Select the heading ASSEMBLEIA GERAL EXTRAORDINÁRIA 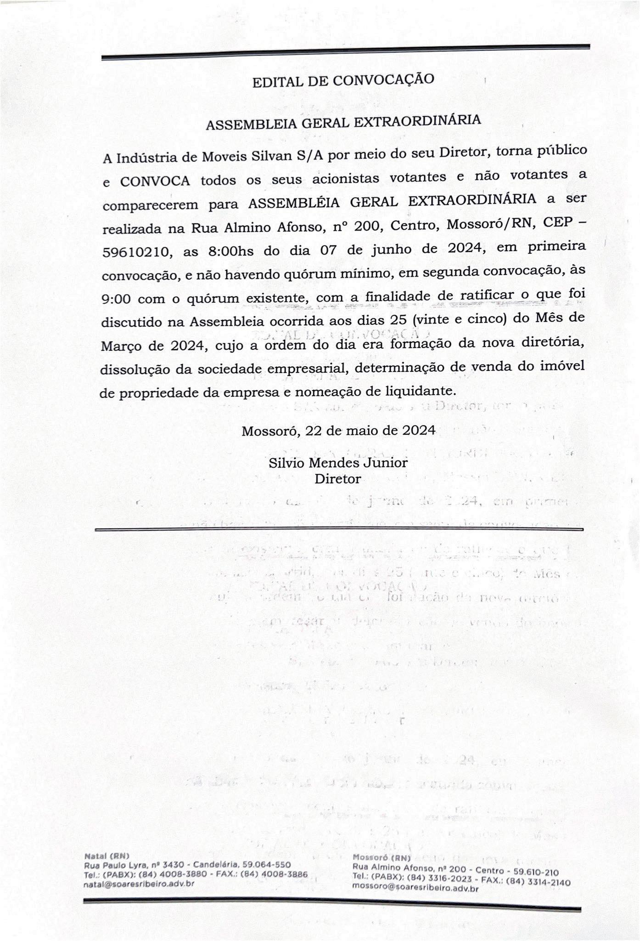[343, 122]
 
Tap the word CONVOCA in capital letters [155, 181]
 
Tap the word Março [121, 346]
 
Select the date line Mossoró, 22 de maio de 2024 [338, 431]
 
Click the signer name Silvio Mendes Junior [338, 462]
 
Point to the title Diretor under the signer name [337, 479]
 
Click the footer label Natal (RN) [107, 856]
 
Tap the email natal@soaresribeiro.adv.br [139, 883]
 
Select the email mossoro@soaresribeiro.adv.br [415, 888]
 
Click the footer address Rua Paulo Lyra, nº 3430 [134, 865]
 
